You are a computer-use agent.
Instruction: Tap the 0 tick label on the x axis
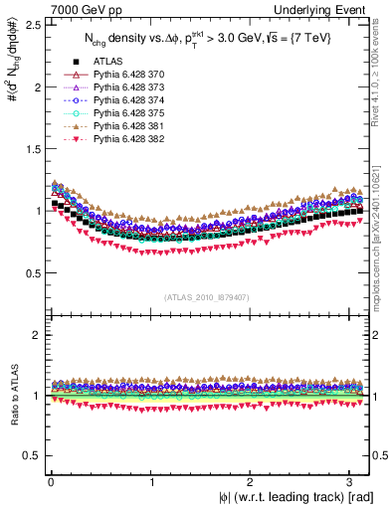tap(51, 481)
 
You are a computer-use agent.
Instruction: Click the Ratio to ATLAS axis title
tap(13, 398)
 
